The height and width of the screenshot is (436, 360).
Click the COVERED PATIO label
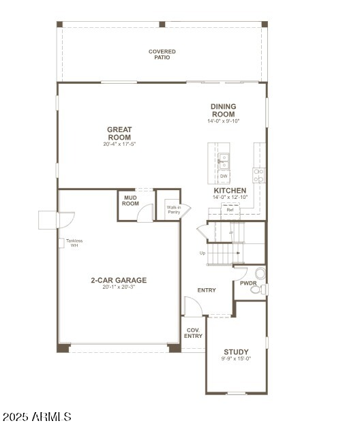pyautogui.click(x=162, y=54)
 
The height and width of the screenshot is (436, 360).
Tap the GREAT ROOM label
pyautogui.click(x=119, y=133)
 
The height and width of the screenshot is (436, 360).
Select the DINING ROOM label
pyautogui.click(x=223, y=110)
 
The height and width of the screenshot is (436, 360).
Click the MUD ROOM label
pyautogui.click(x=130, y=200)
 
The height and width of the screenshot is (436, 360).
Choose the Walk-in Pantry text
pyautogui.click(x=174, y=210)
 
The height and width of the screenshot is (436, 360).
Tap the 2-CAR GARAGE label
pyautogui.click(x=119, y=280)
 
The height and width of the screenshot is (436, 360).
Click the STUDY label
pyautogui.click(x=236, y=352)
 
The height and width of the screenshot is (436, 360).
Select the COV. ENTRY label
pyautogui.click(x=194, y=332)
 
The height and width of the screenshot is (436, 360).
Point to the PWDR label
pyautogui.click(x=248, y=283)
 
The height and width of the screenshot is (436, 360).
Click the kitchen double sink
pyautogui.click(x=224, y=161)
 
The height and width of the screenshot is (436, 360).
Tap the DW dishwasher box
pyautogui.click(x=224, y=176)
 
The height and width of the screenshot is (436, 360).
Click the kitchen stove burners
pyautogui.click(x=259, y=175)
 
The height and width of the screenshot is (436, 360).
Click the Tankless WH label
pyautogui.click(x=74, y=243)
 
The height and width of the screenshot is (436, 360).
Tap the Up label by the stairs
pyautogui.click(x=202, y=253)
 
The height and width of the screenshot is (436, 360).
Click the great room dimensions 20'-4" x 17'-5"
pyautogui.click(x=119, y=144)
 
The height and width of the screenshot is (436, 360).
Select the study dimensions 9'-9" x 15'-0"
pyautogui.click(x=236, y=359)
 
